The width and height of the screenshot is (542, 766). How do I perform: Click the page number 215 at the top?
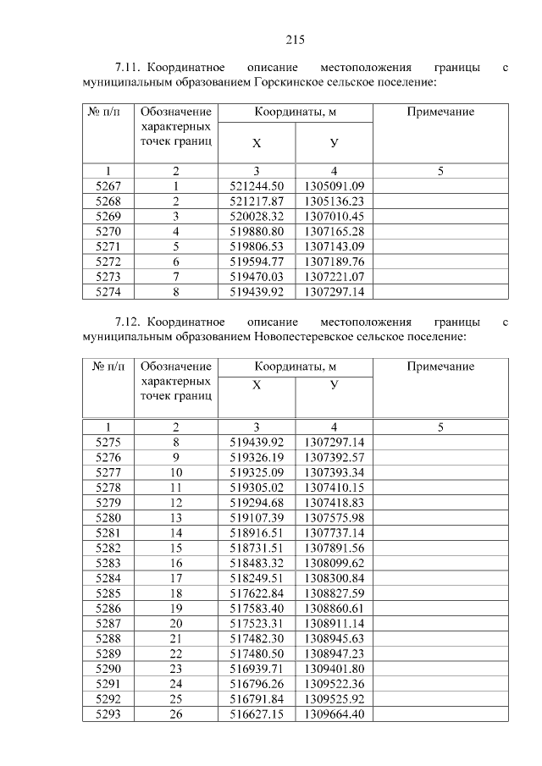pos(295,40)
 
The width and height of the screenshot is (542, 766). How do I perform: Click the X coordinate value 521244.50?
pos(257,186)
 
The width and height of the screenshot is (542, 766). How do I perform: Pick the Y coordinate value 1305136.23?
pos(334,201)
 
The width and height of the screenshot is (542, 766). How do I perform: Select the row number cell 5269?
pos(108,217)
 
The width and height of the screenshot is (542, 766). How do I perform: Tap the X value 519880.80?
pos(257,232)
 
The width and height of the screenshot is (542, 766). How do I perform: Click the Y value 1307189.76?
pos(334,262)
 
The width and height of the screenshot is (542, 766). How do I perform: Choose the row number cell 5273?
pos(108,277)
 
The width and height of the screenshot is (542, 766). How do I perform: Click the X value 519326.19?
pos(257,457)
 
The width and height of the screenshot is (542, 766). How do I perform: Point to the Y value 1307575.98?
pos(334,518)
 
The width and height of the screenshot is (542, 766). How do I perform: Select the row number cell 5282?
pos(108,548)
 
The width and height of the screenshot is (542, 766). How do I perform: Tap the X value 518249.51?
pos(257,579)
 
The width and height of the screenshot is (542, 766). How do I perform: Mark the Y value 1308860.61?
pos(334,609)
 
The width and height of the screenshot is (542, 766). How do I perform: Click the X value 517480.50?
pos(257,655)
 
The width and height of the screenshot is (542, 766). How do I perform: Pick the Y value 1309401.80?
pos(334,670)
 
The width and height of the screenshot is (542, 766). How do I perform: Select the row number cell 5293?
pos(108,716)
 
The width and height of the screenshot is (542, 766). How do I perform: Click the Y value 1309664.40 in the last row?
pos(334,716)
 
